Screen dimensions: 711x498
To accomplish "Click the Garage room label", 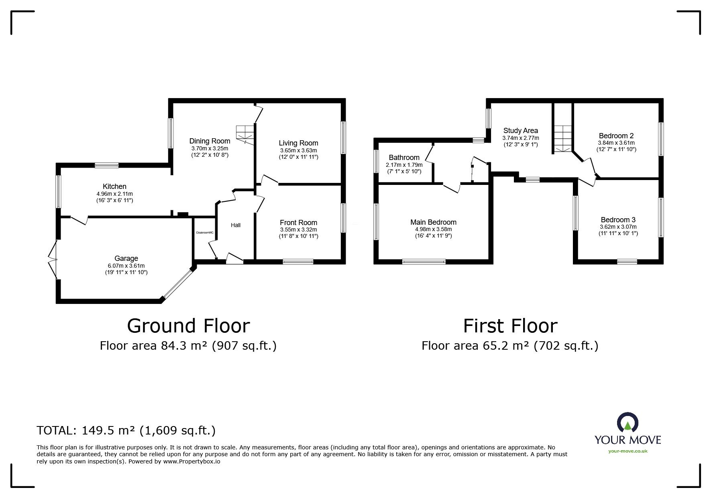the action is (x=126, y=258).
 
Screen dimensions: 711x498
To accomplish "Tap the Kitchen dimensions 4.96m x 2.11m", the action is (x=114, y=193).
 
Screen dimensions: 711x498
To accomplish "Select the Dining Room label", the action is (x=210, y=141).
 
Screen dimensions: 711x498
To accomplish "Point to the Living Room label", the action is (x=298, y=143).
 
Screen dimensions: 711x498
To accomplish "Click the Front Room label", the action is (x=298, y=223).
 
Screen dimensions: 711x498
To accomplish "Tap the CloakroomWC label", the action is (x=204, y=233).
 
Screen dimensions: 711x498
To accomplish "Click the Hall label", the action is (x=236, y=225).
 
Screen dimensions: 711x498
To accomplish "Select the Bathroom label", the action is (x=404, y=158).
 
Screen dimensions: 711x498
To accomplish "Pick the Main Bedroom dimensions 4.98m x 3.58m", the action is (x=433, y=229).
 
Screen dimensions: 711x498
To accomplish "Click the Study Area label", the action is (x=520, y=131).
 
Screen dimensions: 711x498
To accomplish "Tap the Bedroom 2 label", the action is (x=616, y=136).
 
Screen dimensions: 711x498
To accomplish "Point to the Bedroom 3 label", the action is (x=618, y=220).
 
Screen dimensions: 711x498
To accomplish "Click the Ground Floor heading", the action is (x=188, y=326).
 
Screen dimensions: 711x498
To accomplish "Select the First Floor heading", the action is (x=510, y=326).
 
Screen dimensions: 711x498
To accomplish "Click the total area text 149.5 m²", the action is (x=109, y=430).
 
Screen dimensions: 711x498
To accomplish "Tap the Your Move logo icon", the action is (x=627, y=423).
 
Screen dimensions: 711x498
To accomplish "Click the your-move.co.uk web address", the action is (x=627, y=451).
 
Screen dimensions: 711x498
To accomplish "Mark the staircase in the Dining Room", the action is (x=244, y=134).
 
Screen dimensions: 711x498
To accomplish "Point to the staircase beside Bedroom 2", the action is (x=563, y=139).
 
